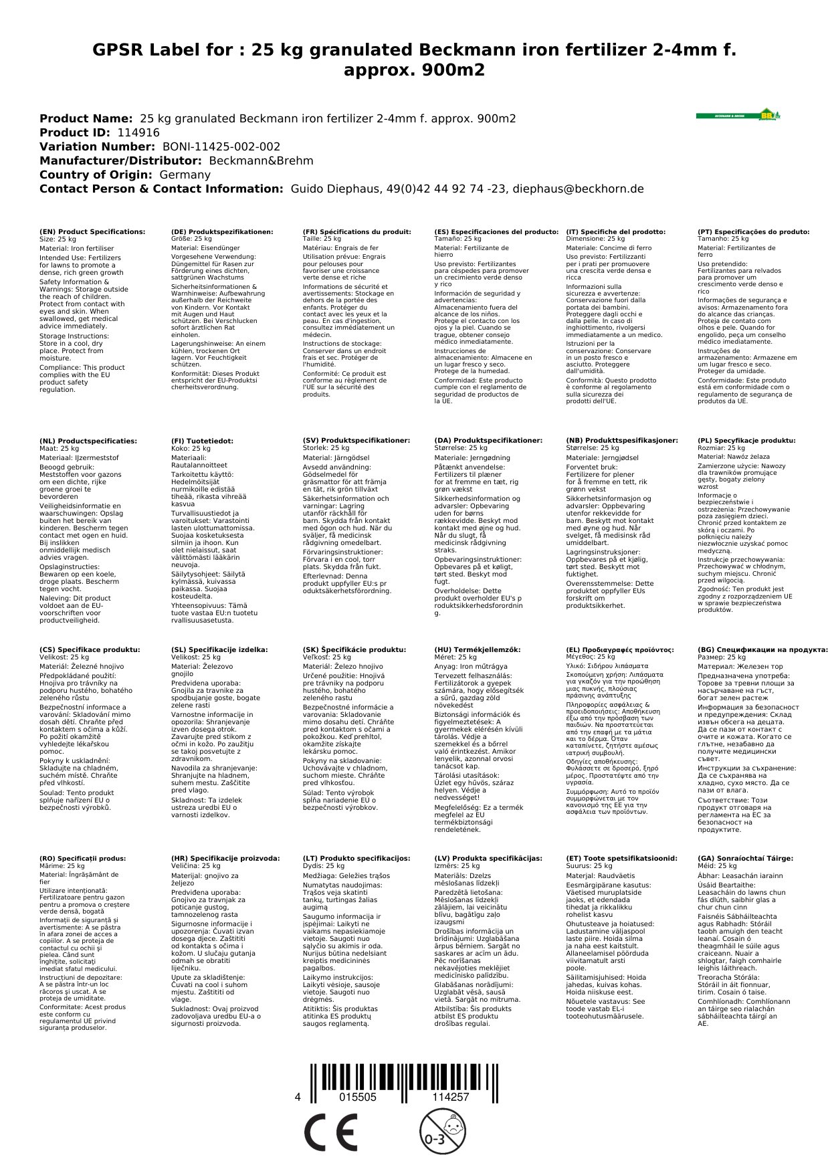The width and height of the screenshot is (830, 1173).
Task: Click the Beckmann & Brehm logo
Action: coord(738,115)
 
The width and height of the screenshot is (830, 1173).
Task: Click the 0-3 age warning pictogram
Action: coord(441,1131)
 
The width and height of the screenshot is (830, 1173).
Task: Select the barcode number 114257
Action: coord(450,1097)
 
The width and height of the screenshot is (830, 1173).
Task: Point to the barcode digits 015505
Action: coord(358,1097)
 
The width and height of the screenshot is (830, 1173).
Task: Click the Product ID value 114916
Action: coord(138,132)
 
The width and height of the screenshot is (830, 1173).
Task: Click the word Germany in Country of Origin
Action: coord(185,175)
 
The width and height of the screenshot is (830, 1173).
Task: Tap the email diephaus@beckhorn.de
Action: coord(578,189)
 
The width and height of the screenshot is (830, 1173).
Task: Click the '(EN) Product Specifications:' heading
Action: coord(92,232)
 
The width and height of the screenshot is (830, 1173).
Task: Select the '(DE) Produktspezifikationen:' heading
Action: coord(222,232)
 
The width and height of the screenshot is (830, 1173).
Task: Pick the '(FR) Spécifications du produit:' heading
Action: coord(356,232)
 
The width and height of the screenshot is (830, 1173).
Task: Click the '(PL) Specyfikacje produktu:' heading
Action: coord(746,441)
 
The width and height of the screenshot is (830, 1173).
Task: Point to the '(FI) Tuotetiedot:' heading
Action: coord(202,441)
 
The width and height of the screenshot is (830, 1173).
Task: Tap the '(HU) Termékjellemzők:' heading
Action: coord(477,649)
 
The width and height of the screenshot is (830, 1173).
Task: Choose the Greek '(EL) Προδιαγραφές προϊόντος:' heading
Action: coord(620,649)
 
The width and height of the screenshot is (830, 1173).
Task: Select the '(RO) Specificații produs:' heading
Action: coord(82,858)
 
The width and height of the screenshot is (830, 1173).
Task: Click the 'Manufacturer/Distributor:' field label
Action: coord(120,161)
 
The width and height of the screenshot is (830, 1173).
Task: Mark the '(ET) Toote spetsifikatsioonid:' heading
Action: coord(621,858)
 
